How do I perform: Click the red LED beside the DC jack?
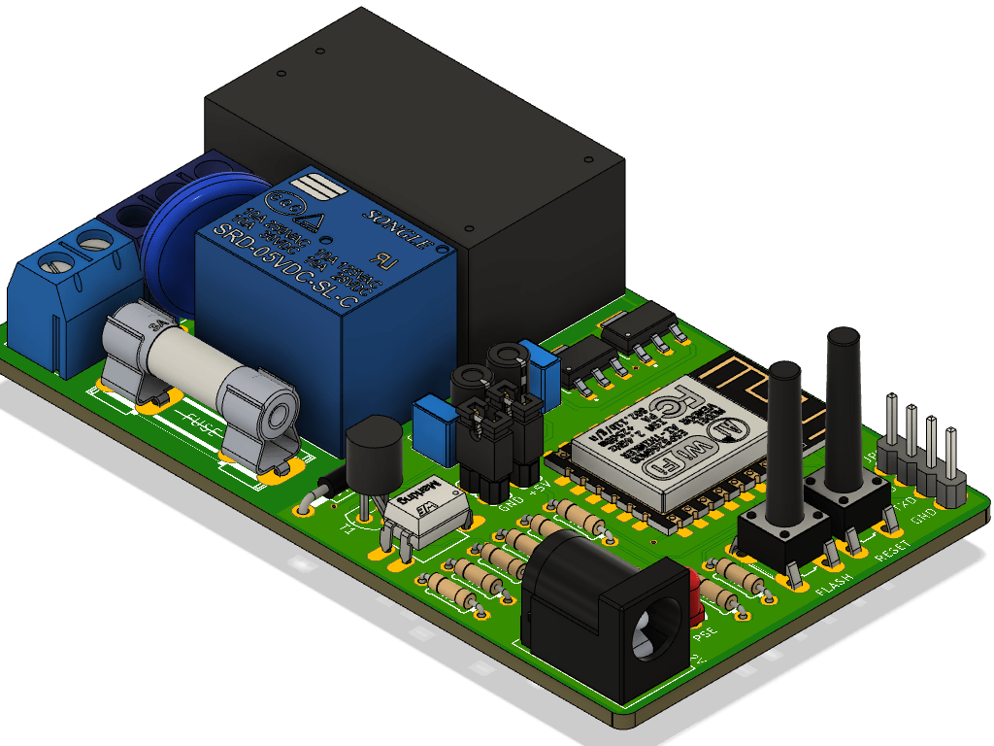(695, 597)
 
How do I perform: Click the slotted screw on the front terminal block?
(55, 262)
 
